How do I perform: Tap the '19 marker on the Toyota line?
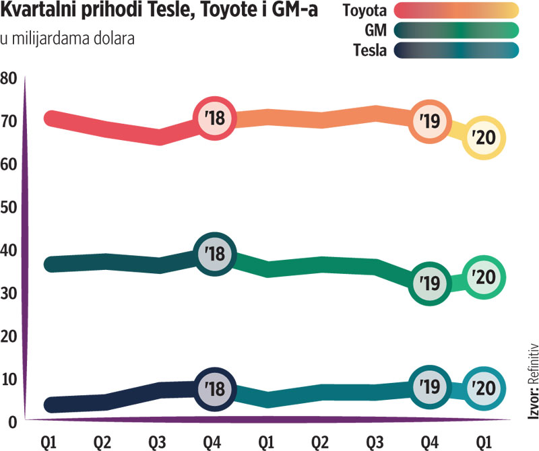coord(430,121)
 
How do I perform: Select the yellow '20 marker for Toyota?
coord(483,138)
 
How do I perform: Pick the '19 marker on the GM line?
coord(430,283)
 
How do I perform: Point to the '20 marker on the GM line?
coord(483,277)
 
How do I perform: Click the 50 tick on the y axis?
coord(9,207)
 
